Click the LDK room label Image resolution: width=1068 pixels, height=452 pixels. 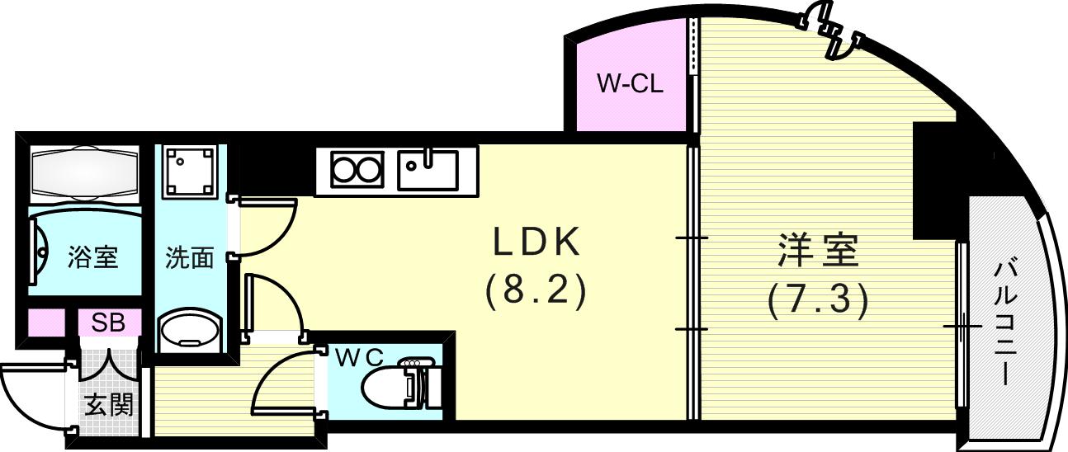coord(536,242)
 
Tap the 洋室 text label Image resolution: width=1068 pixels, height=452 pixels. coord(818,250)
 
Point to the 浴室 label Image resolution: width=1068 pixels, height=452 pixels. coord(92,257)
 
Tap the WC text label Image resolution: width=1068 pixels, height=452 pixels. coord(359,357)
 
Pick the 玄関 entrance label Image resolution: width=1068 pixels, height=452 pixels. coord(109,407)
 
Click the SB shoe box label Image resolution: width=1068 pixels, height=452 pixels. coord(108,323)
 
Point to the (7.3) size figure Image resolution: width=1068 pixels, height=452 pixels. coord(817,301)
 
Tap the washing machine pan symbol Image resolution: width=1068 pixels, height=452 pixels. coord(189,172)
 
